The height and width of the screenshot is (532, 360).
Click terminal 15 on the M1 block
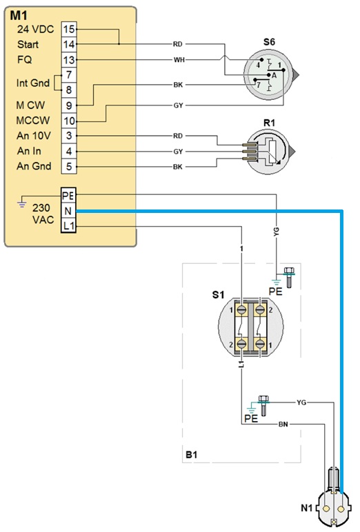(69, 29)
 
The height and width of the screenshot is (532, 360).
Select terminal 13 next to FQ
(69, 60)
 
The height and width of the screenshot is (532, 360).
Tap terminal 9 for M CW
(69, 105)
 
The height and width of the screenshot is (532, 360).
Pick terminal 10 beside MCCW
(69, 121)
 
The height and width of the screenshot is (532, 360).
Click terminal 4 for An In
(69, 152)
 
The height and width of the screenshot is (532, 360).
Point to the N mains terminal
(68, 211)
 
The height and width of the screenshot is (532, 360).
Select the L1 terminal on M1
(68, 225)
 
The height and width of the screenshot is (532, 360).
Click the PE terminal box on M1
(68, 196)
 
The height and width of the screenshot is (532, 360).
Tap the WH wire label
(179, 60)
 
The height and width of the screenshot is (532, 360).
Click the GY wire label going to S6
(179, 105)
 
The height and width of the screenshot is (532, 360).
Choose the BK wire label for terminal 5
(178, 167)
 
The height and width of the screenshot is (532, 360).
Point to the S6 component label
(269, 42)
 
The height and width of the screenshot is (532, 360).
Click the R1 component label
(269, 123)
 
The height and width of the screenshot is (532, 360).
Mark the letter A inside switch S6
(274, 75)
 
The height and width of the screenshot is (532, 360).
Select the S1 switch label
(218, 295)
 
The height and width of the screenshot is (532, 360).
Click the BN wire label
(283, 424)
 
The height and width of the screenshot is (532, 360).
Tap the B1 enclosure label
(192, 455)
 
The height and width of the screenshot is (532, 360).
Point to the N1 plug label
(307, 508)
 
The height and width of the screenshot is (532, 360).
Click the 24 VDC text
(35, 30)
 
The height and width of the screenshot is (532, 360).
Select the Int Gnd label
(33, 83)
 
